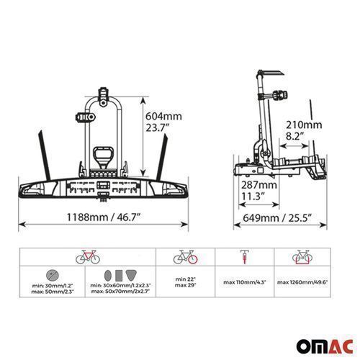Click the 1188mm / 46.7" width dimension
[x=103, y=217]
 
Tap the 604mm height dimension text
[x=163, y=117]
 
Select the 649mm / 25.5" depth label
[x=277, y=218]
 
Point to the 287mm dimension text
[x=259, y=185]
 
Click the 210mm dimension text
[x=304, y=125]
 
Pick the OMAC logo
[x=325, y=346]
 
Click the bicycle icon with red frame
[x=88, y=257]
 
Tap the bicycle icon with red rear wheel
[x=186, y=257]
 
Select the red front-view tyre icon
[x=245, y=257]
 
